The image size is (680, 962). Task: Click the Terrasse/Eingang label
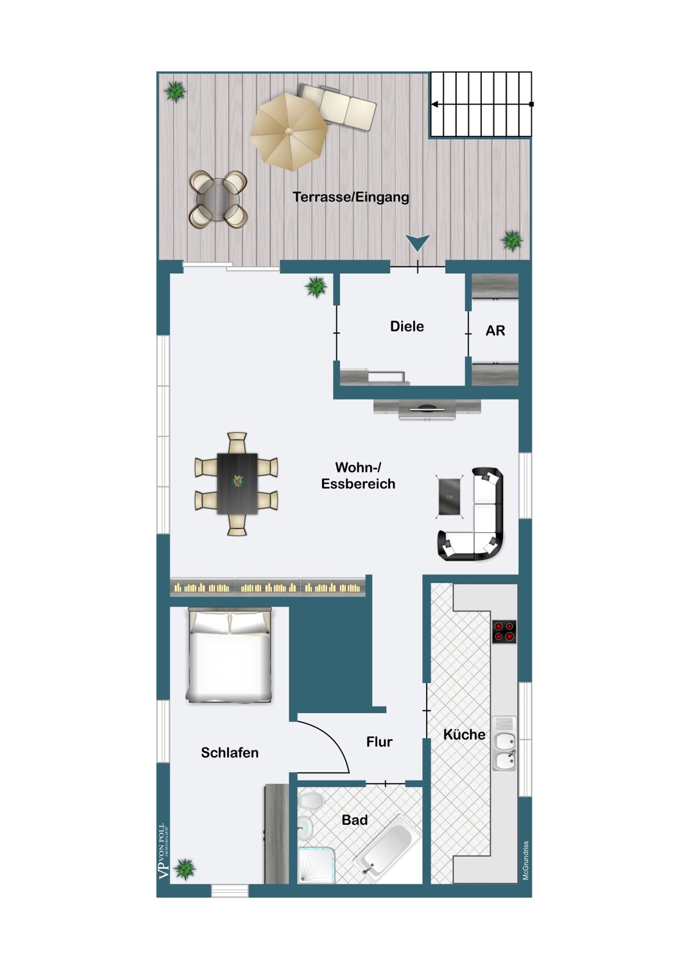click(350, 197)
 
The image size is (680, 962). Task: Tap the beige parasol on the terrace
click(289, 132)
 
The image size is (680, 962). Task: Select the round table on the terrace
click(218, 199)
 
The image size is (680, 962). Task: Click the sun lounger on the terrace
click(338, 107)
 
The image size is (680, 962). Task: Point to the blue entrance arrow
click(418, 242)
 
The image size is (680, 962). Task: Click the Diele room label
click(407, 326)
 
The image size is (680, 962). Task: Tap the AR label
click(495, 331)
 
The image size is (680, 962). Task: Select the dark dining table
click(237, 484)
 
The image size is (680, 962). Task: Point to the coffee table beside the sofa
click(449, 497)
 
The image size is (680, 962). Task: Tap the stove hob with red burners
click(504, 631)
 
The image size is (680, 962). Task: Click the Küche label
click(464, 734)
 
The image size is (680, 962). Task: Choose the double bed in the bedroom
click(230, 655)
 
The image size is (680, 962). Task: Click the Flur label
click(379, 741)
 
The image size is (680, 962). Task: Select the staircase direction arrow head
click(435, 105)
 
